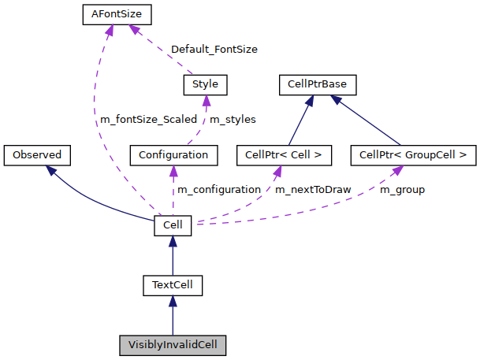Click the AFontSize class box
point(116,14)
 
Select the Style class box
point(205,84)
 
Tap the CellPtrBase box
point(318,84)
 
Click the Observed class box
point(37,154)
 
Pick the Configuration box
point(173,154)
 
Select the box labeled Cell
point(173,225)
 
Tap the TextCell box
point(173,284)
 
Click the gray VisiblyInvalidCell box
point(173,344)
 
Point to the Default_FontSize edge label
point(214,49)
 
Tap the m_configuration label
point(218,190)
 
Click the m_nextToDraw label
point(313,190)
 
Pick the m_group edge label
point(402,190)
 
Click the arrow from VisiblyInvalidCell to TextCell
point(173,315)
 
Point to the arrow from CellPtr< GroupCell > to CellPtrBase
point(370,121)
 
